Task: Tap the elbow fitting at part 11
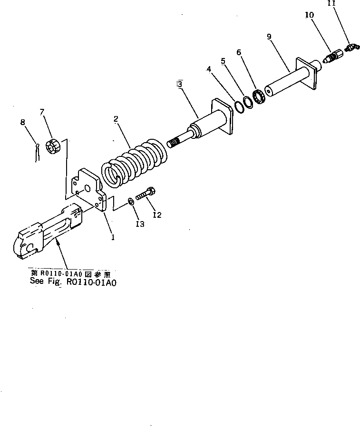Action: [351, 46]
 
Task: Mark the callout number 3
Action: [179, 84]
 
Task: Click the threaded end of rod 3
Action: [176, 143]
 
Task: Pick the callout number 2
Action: [116, 119]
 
